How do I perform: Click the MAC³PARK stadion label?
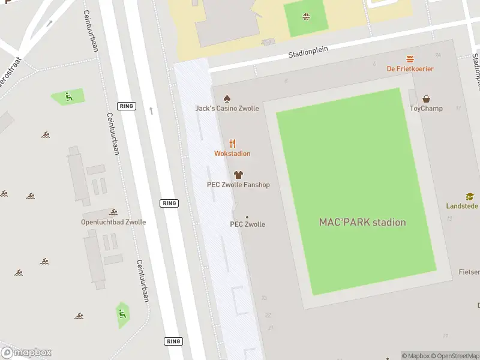click(362, 222)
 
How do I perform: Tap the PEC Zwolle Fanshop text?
click(238, 185)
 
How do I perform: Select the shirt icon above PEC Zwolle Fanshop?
click(238, 175)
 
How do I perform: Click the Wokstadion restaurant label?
click(232, 154)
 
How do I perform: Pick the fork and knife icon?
click(232, 143)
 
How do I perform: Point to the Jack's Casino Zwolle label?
click(227, 109)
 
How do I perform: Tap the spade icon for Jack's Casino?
click(227, 98)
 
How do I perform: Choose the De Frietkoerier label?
click(410, 69)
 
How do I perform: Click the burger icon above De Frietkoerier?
click(410, 59)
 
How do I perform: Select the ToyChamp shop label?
click(425, 109)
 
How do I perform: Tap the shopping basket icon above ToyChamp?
click(426, 98)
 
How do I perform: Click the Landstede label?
click(463, 206)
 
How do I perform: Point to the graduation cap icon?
click(470, 196)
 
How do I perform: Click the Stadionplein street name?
click(308, 52)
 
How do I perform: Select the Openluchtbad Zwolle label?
click(113, 222)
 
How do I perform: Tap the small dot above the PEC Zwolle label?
click(247, 217)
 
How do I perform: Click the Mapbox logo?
click(26, 353)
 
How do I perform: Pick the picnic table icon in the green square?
click(307, 16)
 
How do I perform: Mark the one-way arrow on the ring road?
click(151, 110)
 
